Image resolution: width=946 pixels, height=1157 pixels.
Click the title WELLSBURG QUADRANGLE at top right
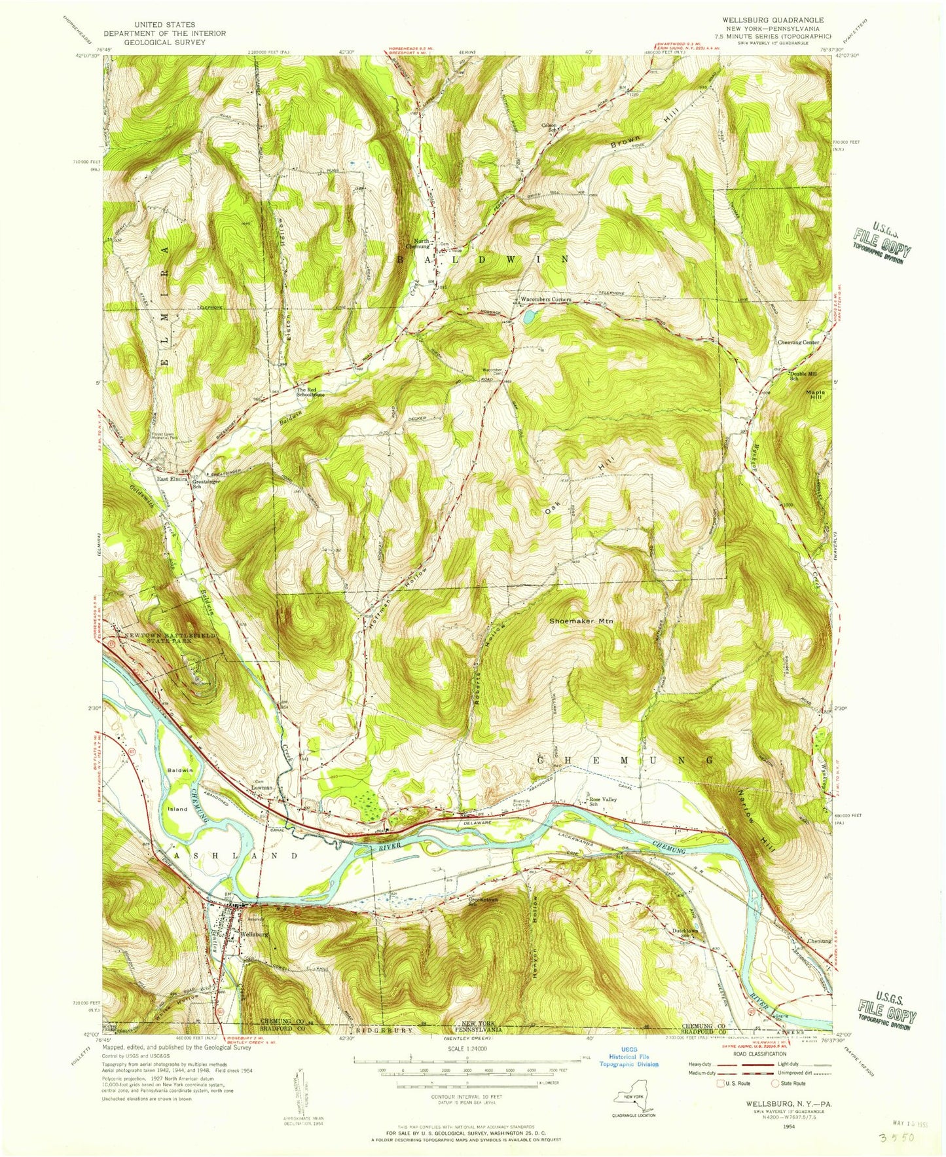point(777,20)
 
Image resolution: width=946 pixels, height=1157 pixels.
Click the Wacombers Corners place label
point(545,300)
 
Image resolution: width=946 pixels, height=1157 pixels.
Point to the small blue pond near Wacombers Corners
point(528,317)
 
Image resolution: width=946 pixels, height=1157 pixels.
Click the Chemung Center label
point(797,342)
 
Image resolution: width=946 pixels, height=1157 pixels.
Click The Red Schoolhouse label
point(310,392)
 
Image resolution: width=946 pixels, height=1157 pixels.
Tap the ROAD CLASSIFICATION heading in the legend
point(759,1054)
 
